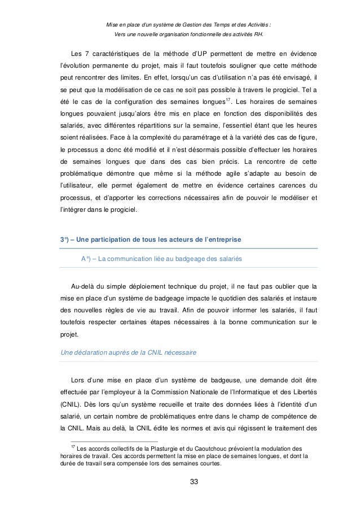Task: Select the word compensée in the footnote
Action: [x=134, y=465]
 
